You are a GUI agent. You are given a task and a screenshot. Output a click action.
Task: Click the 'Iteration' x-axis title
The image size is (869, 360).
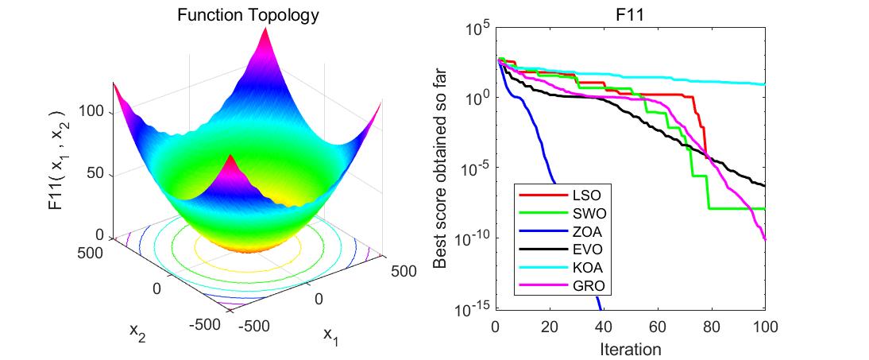point(630,348)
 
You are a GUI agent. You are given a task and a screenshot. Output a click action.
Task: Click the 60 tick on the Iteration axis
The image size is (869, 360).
point(656,326)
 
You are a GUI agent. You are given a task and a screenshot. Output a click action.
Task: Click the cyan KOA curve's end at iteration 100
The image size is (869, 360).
point(763,84)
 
